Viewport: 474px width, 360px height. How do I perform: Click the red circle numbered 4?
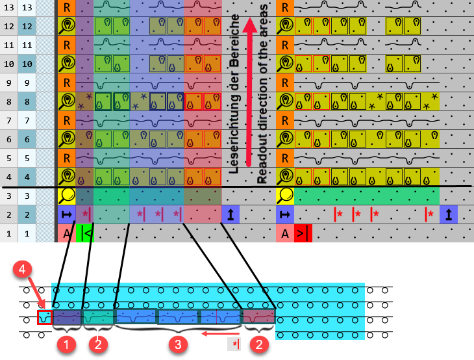click(x=22, y=268)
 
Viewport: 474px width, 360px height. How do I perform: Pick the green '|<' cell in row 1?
click(x=85, y=233)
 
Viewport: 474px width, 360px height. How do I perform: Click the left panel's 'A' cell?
click(x=67, y=233)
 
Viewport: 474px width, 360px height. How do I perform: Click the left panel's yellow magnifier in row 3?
click(x=67, y=196)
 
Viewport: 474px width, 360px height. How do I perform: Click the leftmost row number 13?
click(x=8, y=8)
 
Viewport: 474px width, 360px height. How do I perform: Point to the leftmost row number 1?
click(x=8, y=233)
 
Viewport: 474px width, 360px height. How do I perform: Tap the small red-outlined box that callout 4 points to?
click(x=44, y=318)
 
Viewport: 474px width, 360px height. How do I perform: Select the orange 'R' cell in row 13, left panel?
click(x=67, y=8)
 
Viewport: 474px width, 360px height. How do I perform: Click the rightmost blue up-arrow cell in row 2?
click(x=449, y=214)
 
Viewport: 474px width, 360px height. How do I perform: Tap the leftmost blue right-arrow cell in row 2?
click(x=67, y=214)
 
